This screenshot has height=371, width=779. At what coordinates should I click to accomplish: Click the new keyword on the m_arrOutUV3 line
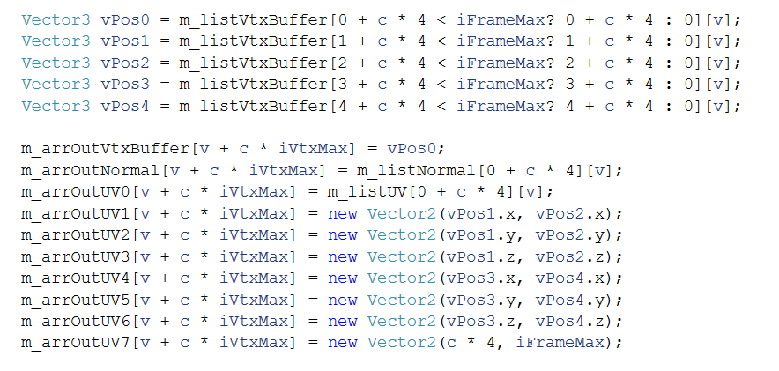pos(343,256)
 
